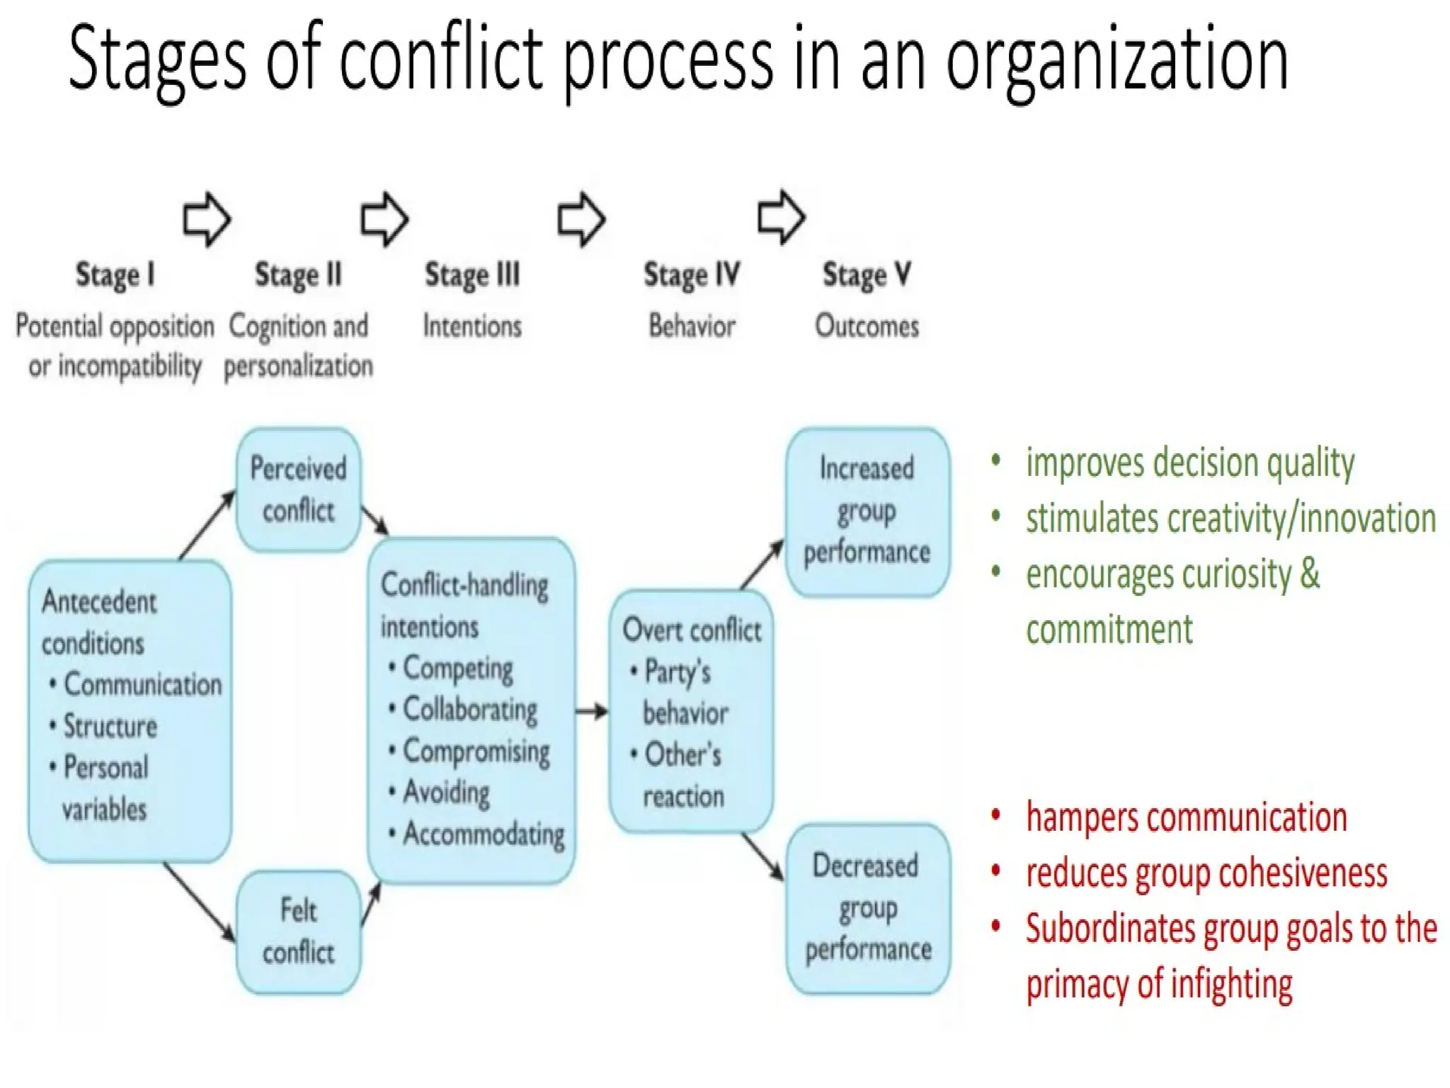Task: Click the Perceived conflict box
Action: (x=298, y=489)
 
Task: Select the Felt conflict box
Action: (x=298, y=931)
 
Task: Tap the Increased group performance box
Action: (x=867, y=511)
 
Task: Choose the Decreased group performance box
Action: (x=868, y=908)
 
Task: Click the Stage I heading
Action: (x=115, y=275)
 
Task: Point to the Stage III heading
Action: (x=472, y=275)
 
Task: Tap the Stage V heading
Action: (x=867, y=275)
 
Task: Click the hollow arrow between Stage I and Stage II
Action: (x=207, y=219)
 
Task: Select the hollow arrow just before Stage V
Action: (x=781, y=217)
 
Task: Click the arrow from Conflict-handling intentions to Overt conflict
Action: (x=592, y=710)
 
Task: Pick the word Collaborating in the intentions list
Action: (x=470, y=710)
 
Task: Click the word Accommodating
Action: (x=484, y=834)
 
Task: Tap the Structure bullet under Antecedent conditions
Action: (x=110, y=726)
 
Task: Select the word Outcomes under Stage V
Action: (x=867, y=327)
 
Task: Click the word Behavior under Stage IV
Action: (x=692, y=327)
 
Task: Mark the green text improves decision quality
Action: (x=1189, y=463)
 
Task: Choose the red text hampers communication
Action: (x=1186, y=817)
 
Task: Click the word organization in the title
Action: (x=1117, y=60)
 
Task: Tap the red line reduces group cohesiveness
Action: (x=1206, y=873)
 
